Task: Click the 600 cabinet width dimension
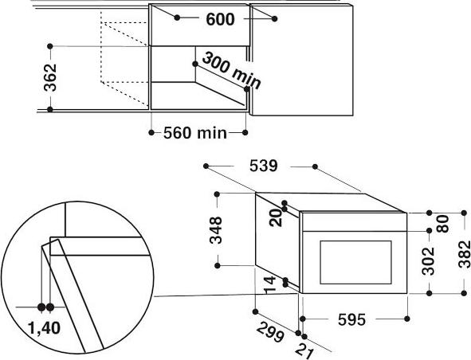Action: (220, 20)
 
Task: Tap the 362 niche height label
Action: (50, 77)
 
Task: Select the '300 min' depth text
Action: (231, 71)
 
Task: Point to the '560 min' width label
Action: (195, 133)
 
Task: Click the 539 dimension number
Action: (264, 166)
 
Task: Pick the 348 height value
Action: (216, 230)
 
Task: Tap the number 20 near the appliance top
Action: (276, 217)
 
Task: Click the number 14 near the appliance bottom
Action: (269, 285)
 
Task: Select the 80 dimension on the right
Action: (442, 224)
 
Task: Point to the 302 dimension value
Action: (428, 261)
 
